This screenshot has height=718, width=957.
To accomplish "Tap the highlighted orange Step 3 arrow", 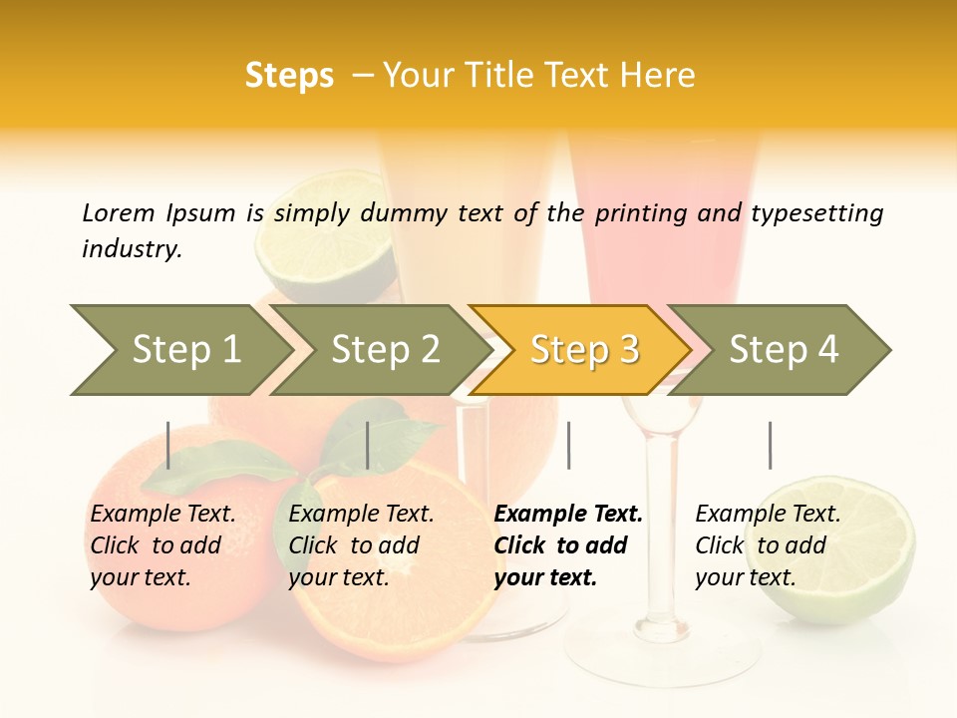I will [583, 350].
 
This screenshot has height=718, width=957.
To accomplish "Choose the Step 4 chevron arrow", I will [783, 350].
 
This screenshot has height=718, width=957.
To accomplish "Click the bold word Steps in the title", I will [289, 76].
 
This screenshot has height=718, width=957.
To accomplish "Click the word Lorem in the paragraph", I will [118, 212].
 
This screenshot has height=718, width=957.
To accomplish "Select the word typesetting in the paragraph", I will [817, 212].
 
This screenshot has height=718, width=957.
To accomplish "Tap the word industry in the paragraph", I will [132, 248].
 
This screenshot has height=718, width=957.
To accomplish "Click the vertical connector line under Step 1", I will [168, 445].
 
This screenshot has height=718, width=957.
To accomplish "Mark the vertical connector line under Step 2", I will [368, 445].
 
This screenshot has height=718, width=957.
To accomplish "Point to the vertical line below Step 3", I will [568, 445].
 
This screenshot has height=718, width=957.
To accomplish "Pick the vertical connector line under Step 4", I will [770, 445].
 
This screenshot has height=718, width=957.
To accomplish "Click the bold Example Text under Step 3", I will [568, 514].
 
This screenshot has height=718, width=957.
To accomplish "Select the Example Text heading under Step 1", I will [162, 514].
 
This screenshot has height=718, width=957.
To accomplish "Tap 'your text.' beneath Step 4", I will [745, 577].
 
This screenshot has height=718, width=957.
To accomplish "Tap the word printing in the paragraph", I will [634, 212].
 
